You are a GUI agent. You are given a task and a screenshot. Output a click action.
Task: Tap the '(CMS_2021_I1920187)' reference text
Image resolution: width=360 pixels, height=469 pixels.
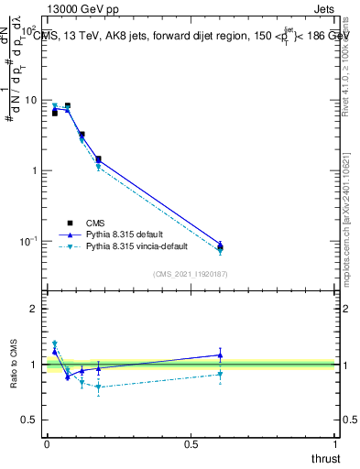pyautogui.click(x=191, y=273)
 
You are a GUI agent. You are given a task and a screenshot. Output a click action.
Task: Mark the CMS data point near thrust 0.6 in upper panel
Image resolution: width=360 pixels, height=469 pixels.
pyautogui.click(x=220, y=246)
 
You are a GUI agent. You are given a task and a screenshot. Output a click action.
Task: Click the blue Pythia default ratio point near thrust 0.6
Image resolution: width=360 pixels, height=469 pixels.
pyautogui.click(x=220, y=354)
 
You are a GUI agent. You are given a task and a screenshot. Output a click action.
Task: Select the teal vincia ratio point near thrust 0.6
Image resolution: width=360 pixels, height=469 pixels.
pyautogui.click(x=220, y=374)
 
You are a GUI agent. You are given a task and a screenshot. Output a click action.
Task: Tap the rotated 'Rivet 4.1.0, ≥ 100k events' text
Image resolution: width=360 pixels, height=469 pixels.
pyautogui.click(x=352, y=64)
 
